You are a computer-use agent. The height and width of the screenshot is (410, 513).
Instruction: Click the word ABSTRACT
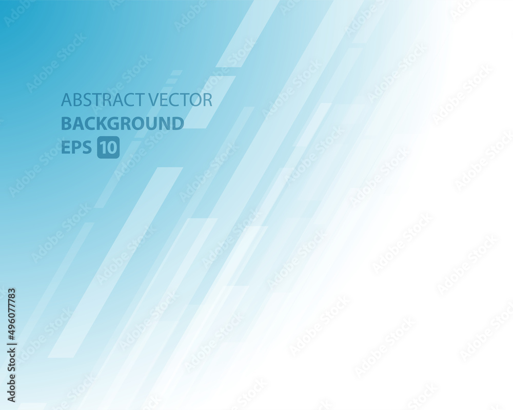(x=104, y=100)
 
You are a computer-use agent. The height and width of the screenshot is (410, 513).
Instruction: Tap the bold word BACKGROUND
(x=123, y=124)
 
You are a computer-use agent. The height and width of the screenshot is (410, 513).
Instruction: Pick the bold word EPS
(x=76, y=148)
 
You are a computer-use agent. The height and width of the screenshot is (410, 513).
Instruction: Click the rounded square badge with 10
(x=108, y=148)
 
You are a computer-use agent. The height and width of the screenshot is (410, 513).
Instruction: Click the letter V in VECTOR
(x=154, y=100)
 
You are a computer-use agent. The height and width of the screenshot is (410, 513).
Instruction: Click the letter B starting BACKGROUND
(x=67, y=124)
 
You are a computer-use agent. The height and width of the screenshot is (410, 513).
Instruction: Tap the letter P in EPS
(x=77, y=148)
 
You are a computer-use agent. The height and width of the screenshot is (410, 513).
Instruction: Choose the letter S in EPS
(x=87, y=148)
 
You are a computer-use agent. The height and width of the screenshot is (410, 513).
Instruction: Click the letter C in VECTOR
(x=175, y=100)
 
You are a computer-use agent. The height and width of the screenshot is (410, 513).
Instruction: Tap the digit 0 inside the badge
(x=112, y=148)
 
